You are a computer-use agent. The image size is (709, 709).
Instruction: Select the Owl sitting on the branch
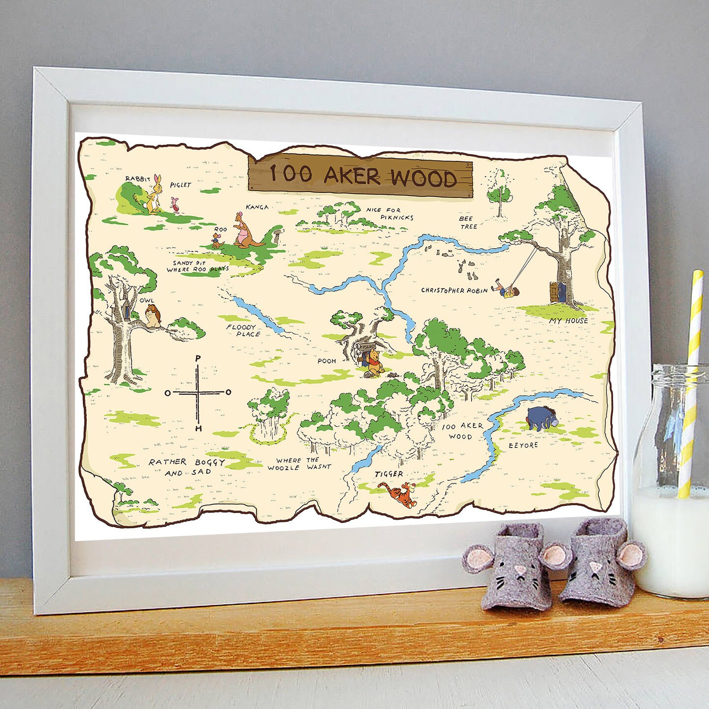[x=153, y=316]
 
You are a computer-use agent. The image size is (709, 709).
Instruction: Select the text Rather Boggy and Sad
[x=187, y=467]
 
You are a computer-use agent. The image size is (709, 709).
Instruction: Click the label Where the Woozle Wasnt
[x=299, y=463]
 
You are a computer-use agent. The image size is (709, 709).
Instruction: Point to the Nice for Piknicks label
[x=389, y=213]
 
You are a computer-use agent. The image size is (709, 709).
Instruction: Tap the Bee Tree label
[x=468, y=222]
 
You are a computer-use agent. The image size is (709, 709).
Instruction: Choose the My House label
[x=569, y=321]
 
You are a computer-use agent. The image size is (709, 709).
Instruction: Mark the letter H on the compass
[x=198, y=428]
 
